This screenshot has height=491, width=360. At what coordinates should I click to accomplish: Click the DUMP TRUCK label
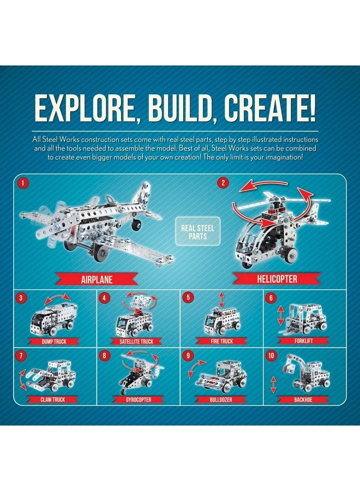(x=55, y=342)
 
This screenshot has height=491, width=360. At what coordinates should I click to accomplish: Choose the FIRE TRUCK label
(x=221, y=342)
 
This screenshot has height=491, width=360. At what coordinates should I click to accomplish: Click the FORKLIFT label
(x=305, y=342)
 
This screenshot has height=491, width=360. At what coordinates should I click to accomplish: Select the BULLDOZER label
(x=221, y=399)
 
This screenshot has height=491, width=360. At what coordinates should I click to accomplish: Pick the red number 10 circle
(x=271, y=356)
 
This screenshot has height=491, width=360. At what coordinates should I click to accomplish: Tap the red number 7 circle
(x=21, y=356)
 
